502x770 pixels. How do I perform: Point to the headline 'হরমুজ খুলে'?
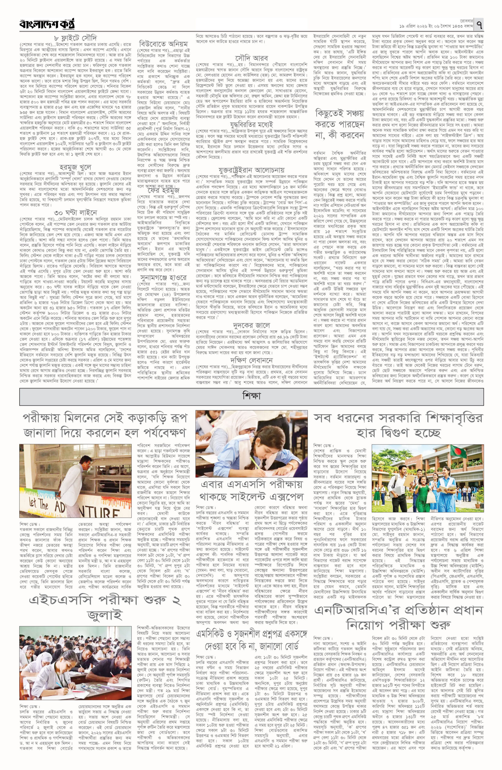pos(76,167)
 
